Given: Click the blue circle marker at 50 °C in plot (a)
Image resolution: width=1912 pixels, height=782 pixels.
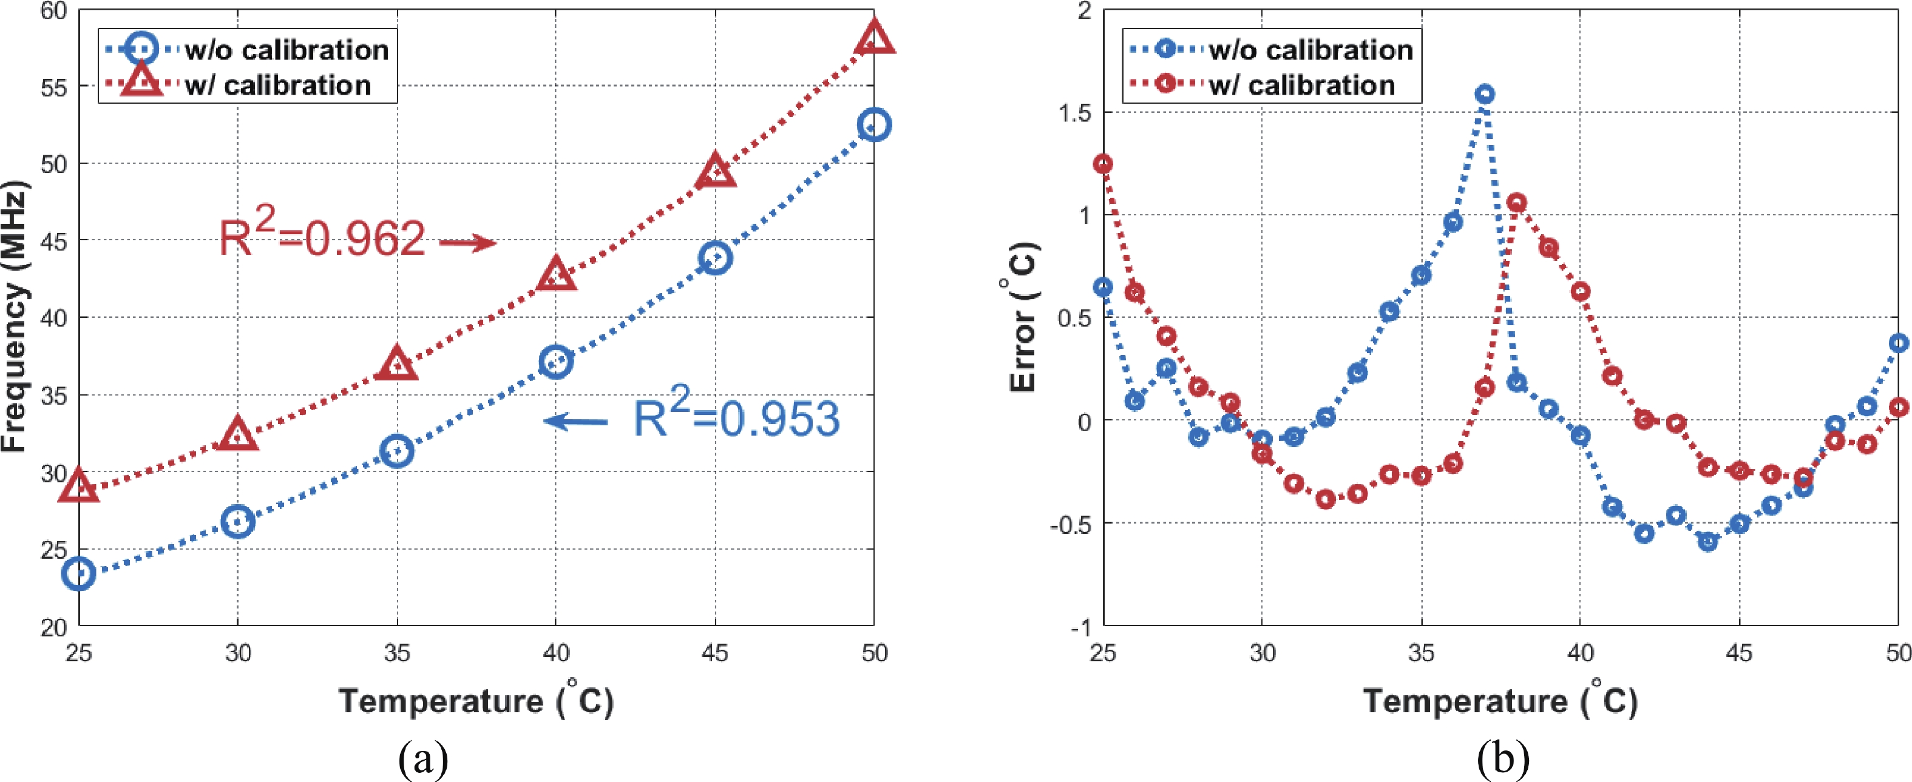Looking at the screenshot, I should (x=874, y=124).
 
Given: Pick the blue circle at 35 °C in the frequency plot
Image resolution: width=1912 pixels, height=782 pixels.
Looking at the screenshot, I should (x=397, y=450).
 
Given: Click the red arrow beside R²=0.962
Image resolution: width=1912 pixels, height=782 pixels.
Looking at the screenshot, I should (x=467, y=243).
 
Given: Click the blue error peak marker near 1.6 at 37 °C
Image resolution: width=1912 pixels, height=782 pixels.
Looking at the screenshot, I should (x=1485, y=94).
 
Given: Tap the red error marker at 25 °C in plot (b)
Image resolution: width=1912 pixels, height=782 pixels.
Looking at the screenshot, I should (x=1103, y=164).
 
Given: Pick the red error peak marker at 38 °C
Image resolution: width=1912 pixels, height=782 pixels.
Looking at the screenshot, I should (x=1516, y=203).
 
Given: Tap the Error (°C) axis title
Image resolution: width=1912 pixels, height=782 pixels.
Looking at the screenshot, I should (x=1023, y=317).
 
